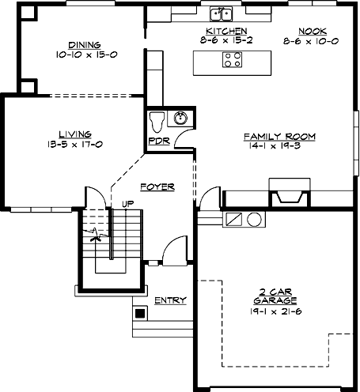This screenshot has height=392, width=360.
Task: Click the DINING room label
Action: pos(84,45)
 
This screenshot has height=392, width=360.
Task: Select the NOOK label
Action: pos(308,30)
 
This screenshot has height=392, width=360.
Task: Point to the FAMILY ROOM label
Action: pos(279,137)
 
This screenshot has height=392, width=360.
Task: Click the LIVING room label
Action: pos(75,134)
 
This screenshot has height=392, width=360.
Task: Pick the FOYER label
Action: pos(157,187)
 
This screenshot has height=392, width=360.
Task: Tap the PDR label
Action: pos(158,142)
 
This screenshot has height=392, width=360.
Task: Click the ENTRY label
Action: pos(170,300)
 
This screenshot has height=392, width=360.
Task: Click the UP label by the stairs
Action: pos(127,204)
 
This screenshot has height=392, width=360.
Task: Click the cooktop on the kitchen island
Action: pos(233,58)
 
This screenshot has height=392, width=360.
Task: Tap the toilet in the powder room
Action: pos(157,121)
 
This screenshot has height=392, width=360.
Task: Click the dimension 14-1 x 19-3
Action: pos(279,146)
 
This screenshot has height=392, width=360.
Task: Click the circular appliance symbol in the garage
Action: pos(254,219)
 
